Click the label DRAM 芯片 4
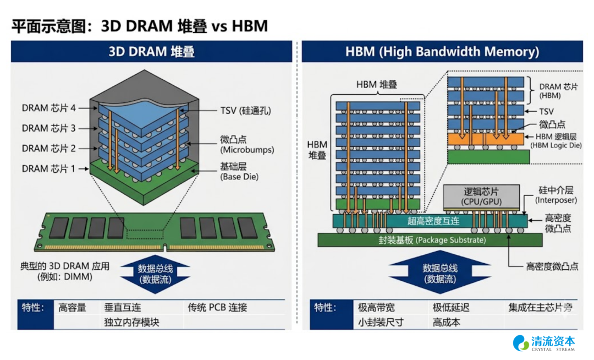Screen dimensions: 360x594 48,108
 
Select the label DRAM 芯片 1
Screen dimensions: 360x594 48,168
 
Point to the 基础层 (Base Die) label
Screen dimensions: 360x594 239,172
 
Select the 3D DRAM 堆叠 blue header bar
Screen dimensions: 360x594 151,52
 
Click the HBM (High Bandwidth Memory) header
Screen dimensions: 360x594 442,52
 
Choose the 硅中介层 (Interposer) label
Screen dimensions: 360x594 556,195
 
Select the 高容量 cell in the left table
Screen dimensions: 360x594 73,308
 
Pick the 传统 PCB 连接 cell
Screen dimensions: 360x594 217,308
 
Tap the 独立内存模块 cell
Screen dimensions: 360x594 131,322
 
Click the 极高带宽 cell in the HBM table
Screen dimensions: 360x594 376,308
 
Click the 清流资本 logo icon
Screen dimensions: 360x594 521,343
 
